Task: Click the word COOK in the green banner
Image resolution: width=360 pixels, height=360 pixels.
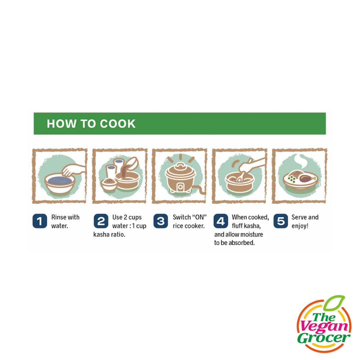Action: [118, 124]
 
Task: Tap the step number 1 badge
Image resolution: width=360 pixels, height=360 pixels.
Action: [40, 221]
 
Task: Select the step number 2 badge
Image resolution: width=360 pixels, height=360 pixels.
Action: [101, 221]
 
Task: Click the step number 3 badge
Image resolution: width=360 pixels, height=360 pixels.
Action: [161, 221]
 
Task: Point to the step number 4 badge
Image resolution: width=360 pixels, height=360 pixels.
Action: [221, 221]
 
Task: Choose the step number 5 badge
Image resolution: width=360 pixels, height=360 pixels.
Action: [281, 221]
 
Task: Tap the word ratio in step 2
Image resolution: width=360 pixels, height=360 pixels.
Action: [118, 235]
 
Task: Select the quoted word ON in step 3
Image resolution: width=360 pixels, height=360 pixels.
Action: [199, 217]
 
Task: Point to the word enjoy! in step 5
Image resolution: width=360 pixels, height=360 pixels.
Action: [300, 226]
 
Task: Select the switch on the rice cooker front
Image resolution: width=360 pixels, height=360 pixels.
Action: [180, 187]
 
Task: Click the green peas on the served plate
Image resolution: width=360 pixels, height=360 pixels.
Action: [291, 179]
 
